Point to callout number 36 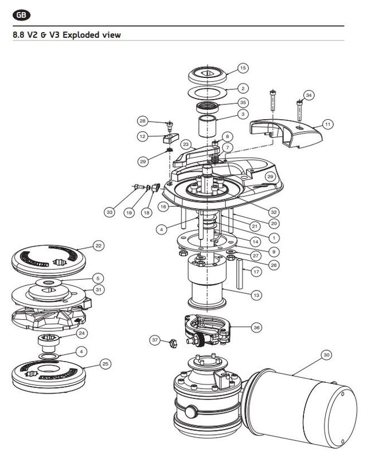[x=256, y=328]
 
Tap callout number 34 [x=310, y=95]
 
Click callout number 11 [x=327, y=124]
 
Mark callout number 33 [x=110, y=212]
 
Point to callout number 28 [x=143, y=121]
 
